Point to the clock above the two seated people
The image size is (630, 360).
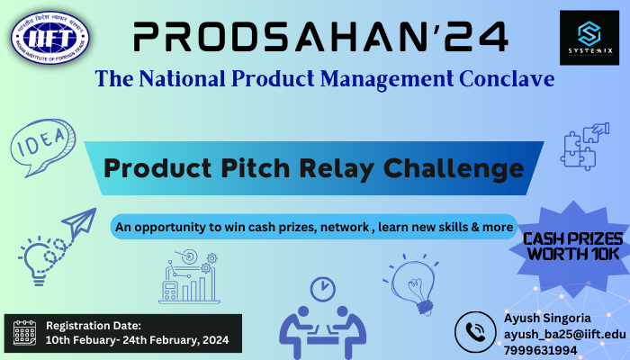click(322, 289)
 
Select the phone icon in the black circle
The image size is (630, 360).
click(475, 333)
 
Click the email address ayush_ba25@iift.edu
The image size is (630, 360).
click(564, 334)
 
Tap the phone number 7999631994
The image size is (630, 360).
click(542, 349)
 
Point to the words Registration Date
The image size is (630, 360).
click(94, 325)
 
